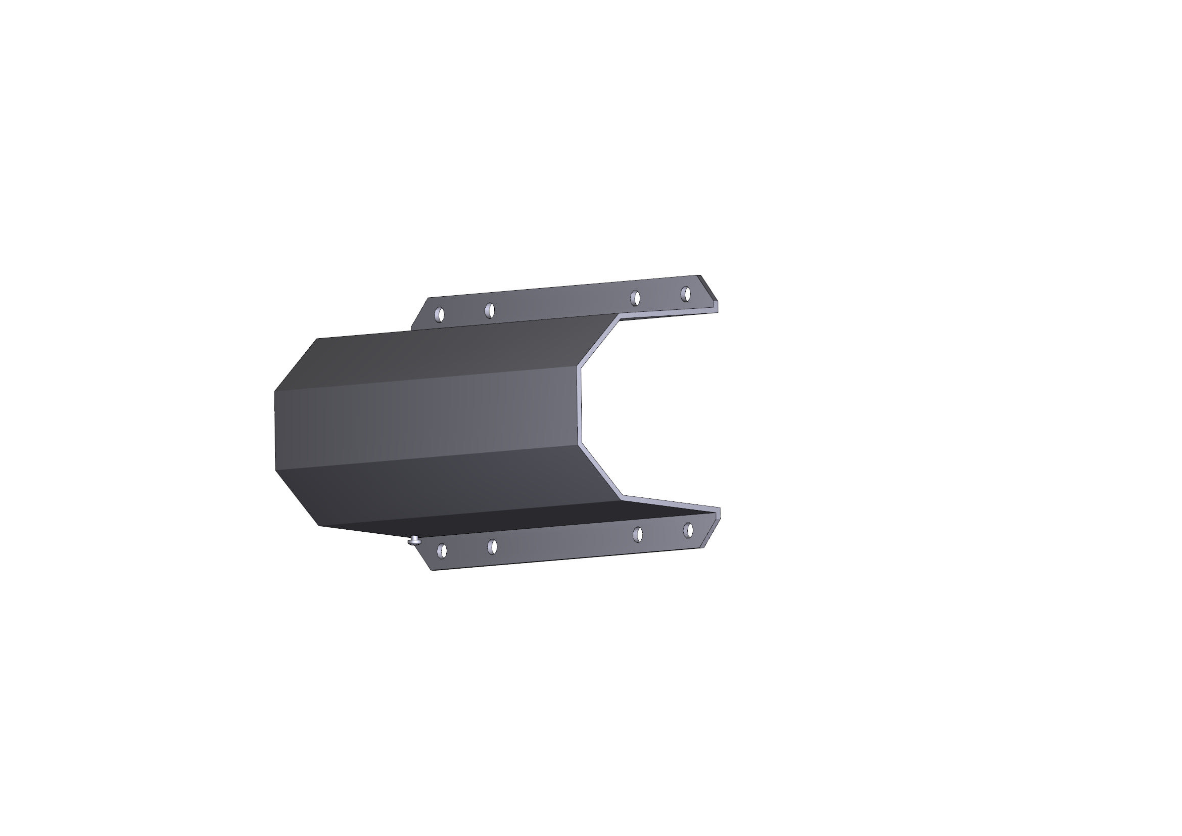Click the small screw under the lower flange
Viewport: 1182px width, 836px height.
coord(414,540)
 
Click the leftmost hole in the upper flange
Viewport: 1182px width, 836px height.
coord(439,314)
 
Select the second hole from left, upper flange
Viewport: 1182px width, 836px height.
coord(490,310)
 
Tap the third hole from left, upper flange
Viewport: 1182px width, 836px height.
coord(635,298)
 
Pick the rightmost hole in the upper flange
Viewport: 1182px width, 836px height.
coord(685,294)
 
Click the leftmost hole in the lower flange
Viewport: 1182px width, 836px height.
coord(442,551)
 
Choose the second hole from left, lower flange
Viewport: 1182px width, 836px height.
coord(492,547)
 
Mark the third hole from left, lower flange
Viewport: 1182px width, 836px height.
coord(638,534)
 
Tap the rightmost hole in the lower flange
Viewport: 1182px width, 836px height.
coord(688,530)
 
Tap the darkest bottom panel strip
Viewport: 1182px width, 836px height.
coord(515,520)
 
